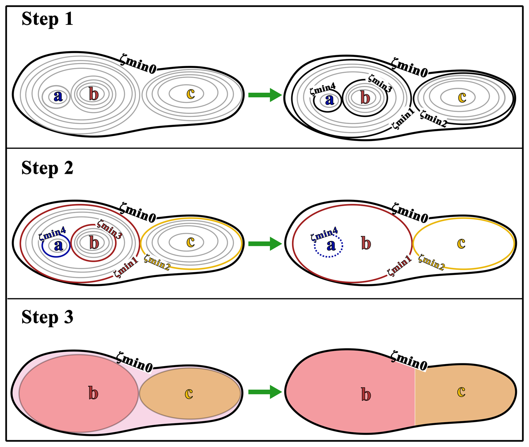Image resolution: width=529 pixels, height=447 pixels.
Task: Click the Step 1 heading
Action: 47,19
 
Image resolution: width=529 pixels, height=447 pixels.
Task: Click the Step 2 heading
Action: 47,168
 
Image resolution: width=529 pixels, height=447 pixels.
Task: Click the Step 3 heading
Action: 47,317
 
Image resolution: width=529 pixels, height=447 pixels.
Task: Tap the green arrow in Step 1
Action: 264,95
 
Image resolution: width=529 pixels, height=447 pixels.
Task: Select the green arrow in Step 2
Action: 264,244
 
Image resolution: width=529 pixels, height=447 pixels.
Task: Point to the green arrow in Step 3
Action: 264,392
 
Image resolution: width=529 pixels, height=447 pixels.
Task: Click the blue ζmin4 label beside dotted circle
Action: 324,234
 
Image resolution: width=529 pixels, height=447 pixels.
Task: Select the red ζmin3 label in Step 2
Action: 109,230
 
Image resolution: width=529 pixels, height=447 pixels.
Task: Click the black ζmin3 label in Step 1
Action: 380,83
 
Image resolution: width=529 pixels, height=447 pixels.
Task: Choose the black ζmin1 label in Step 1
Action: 403,119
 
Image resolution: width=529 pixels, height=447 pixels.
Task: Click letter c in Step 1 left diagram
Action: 190,94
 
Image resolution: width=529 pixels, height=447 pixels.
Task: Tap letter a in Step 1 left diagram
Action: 58,96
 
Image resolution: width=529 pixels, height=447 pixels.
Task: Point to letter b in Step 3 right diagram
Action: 366,394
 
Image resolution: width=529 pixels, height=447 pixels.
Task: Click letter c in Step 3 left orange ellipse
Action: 189,393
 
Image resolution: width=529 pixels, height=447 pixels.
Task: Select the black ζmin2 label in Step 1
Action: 433,118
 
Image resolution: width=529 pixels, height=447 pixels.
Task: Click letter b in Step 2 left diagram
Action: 94,243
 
